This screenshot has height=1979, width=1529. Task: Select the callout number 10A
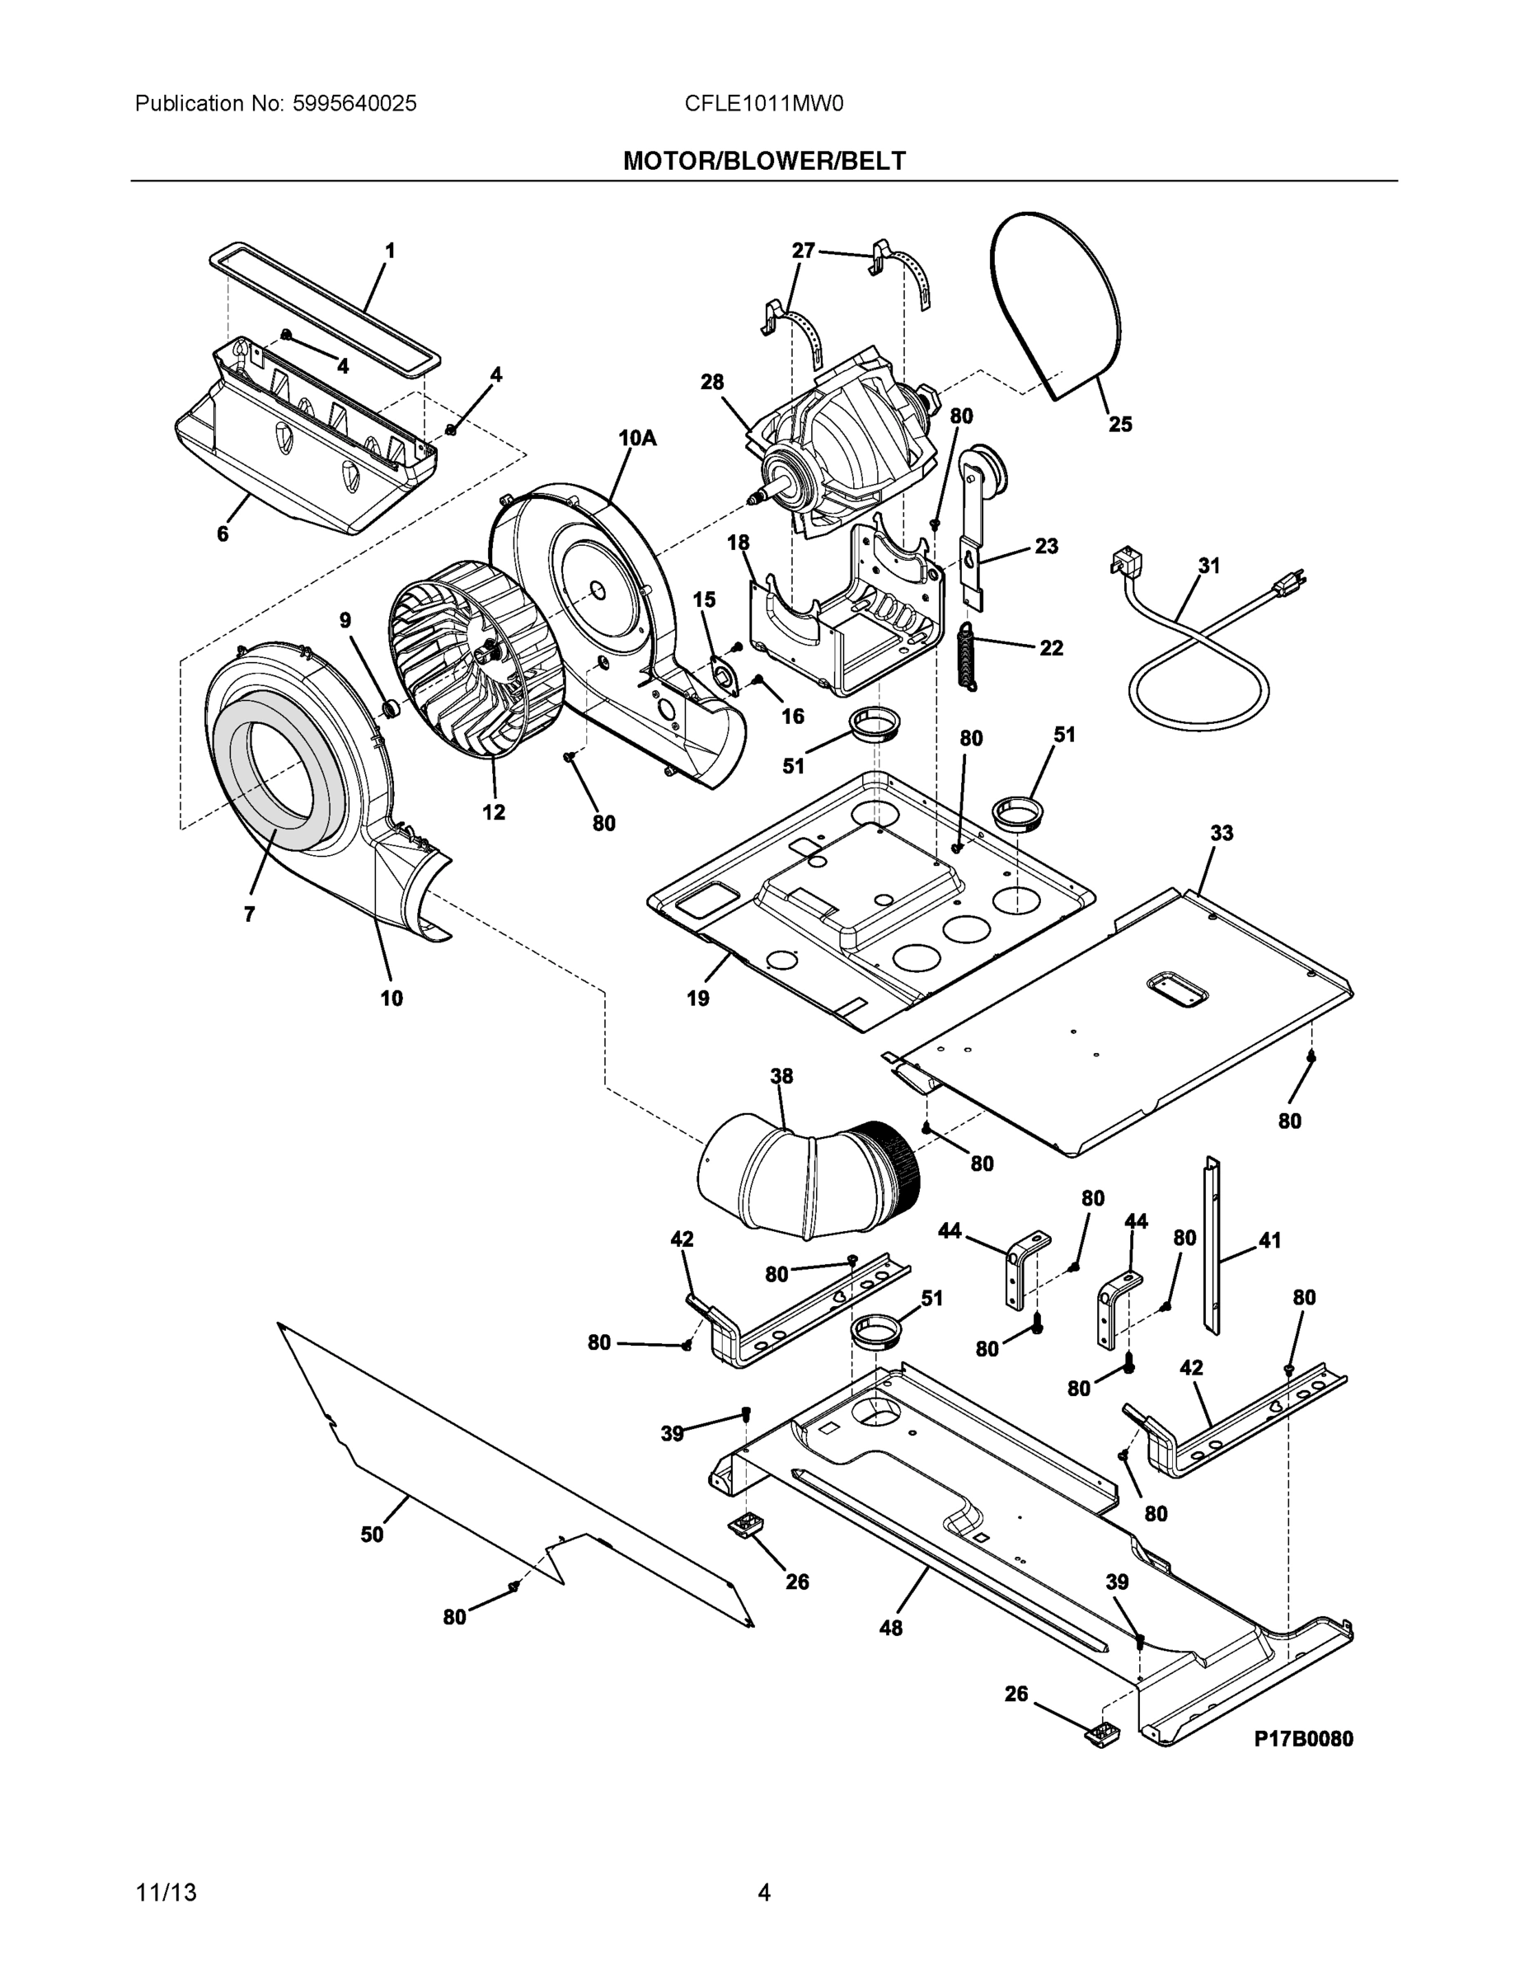(x=637, y=439)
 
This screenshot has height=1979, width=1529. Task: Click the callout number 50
(x=373, y=1534)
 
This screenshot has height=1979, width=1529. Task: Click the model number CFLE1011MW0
(x=763, y=103)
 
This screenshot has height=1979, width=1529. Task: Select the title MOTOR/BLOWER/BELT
(x=763, y=162)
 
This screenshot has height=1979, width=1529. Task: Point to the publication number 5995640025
(x=354, y=103)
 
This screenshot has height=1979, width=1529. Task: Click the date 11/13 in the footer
(x=166, y=1893)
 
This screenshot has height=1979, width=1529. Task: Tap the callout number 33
(x=1221, y=832)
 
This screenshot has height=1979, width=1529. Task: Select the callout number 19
(x=697, y=999)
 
